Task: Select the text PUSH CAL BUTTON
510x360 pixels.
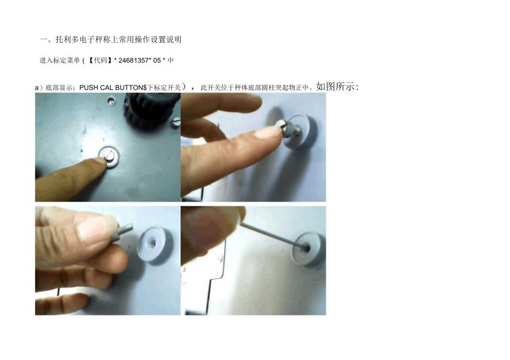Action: tap(111, 88)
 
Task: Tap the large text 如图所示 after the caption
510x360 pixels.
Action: tap(335, 86)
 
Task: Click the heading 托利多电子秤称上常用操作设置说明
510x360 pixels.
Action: tap(119, 40)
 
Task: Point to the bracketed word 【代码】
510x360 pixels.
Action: tap(100, 60)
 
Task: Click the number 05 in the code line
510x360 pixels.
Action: tap(157, 60)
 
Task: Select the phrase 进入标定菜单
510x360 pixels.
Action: tap(59, 60)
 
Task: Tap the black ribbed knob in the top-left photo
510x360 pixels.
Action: tap(151, 110)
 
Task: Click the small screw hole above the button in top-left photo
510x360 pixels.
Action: tap(111, 102)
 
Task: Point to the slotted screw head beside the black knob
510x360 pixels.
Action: tap(175, 122)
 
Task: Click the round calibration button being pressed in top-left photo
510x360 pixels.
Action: tap(110, 157)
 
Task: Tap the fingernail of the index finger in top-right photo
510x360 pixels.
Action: tap(269, 133)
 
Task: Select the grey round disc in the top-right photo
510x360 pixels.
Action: tap(300, 131)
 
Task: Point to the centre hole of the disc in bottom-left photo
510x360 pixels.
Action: tap(151, 242)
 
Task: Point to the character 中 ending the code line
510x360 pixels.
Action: tap(171, 60)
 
